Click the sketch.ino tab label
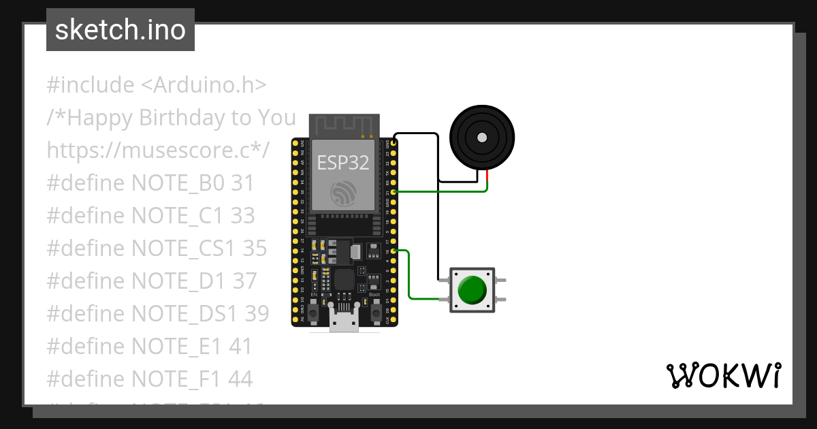pos(121,30)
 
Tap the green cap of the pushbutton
pos(472,289)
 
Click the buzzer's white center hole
pos(482,138)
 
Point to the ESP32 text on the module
pos(343,162)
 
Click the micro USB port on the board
pos(345,321)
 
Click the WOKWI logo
pos(723,375)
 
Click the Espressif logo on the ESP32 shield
pos(343,193)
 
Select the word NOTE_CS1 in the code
pos(175,249)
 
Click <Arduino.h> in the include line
pos(204,85)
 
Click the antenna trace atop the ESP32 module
pos(344,125)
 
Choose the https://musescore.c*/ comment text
pos(159,150)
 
